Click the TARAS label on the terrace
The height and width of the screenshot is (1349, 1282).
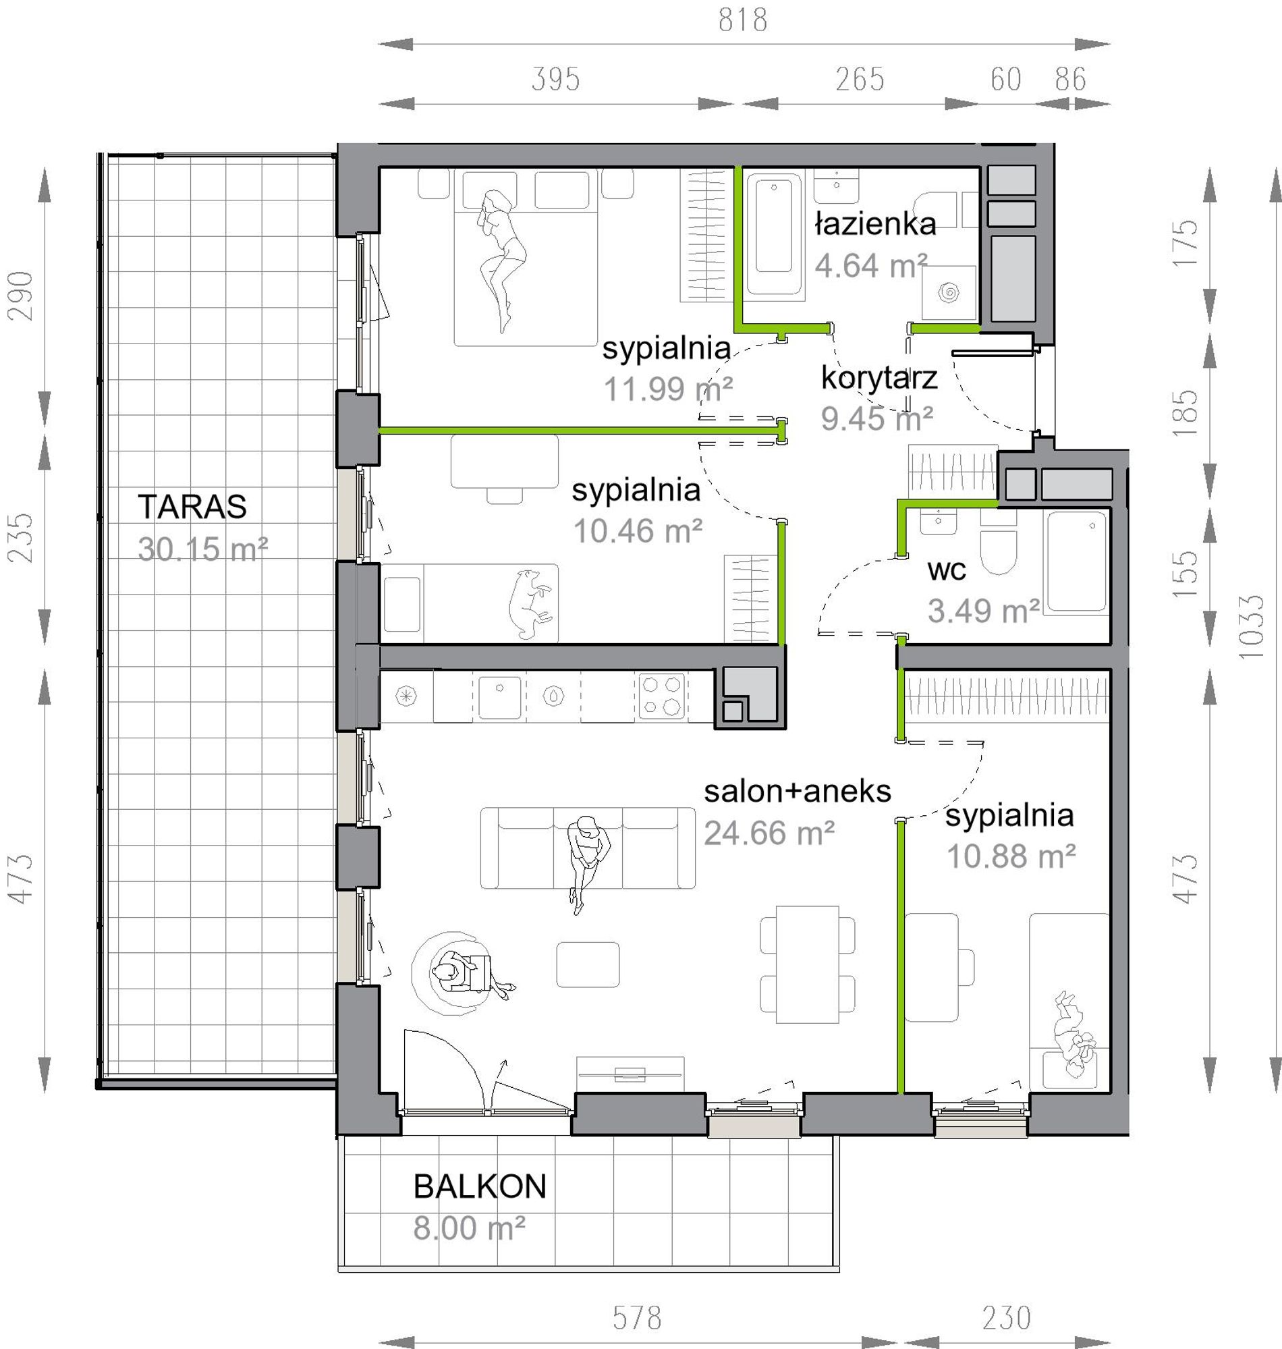pyautogui.click(x=192, y=506)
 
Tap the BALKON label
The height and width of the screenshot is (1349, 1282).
pyautogui.click(x=480, y=1186)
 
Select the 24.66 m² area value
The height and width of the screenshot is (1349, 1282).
pyautogui.click(x=769, y=833)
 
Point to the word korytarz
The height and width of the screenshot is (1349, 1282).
pyautogui.click(x=879, y=378)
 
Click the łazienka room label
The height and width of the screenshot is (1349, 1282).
pyautogui.click(x=875, y=223)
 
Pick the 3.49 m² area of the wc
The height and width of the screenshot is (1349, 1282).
pyautogui.click(x=984, y=610)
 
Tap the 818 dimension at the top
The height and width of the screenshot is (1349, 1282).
pyautogui.click(x=743, y=20)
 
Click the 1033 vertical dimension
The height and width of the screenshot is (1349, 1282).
pyautogui.click(x=1250, y=626)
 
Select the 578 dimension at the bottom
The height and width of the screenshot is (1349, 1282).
pyautogui.click(x=637, y=1317)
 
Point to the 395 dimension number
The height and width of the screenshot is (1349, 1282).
pyautogui.click(x=555, y=79)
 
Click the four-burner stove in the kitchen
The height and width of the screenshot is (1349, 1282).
pyautogui.click(x=661, y=696)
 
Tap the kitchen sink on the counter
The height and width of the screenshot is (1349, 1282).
pyautogui.click(x=499, y=697)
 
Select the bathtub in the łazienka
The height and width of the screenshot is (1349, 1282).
pyautogui.click(x=774, y=233)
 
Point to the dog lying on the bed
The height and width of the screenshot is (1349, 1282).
pyautogui.click(x=530, y=603)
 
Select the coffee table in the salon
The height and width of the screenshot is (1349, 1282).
pyautogui.click(x=588, y=964)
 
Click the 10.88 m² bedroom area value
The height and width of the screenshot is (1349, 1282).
pyautogui.click(x=1011, y=856)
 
